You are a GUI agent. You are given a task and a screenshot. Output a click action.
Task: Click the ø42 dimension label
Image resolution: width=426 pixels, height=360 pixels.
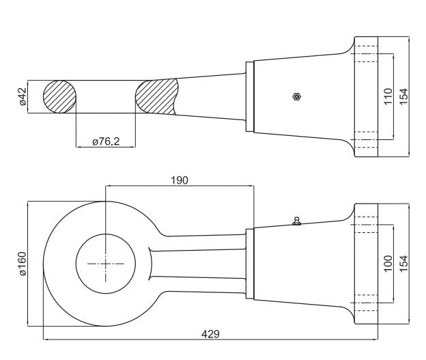pos(23,96)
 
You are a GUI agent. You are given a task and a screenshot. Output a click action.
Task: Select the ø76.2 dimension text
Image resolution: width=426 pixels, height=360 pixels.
pos(106,141)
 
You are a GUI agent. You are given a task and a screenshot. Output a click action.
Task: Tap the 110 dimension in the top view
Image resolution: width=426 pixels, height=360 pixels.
pos(388,96)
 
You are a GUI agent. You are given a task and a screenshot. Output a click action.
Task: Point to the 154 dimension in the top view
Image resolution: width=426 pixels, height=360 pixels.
pos(403,96)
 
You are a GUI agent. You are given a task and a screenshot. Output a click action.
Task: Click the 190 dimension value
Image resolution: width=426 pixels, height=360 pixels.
pos(180,180)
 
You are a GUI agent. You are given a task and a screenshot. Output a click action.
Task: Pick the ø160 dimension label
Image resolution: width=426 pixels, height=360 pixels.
pos(23,264)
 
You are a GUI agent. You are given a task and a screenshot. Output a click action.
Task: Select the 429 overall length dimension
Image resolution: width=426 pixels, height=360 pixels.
pos(210,333)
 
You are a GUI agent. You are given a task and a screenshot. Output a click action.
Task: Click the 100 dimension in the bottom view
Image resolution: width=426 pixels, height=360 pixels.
pos(388,263)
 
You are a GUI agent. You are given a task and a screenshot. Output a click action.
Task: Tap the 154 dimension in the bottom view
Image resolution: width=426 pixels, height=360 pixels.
pos(403,263)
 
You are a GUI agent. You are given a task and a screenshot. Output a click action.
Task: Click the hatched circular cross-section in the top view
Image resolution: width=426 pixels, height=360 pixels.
pos(60,96)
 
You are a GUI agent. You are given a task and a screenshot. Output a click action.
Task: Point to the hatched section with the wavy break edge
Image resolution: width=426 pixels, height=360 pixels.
pos(156,96)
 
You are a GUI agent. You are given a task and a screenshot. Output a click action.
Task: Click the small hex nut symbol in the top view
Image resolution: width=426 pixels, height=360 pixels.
pos(297,96)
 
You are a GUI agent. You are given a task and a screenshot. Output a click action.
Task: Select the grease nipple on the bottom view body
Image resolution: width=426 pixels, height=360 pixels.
pos(297,221)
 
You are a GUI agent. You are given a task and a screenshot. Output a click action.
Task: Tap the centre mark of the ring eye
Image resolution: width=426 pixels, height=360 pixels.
pos(105,264)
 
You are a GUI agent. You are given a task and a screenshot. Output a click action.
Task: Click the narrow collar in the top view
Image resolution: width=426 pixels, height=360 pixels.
pos(250,96)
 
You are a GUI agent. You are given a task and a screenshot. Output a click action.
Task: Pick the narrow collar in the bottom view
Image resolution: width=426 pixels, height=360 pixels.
pos(250,264)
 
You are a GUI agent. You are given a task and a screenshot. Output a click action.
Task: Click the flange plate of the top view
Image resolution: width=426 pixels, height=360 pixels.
pos(366,96)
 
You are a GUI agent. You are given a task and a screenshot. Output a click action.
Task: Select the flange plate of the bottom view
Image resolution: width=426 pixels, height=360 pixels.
pos(366,264)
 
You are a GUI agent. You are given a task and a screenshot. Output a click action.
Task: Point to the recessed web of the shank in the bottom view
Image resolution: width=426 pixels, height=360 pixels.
pos(197,264)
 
